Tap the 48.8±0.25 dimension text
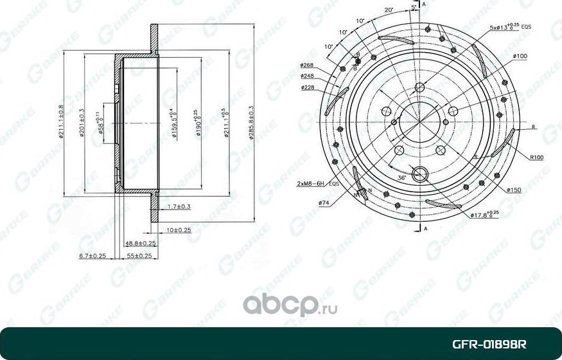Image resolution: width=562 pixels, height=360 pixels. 141,243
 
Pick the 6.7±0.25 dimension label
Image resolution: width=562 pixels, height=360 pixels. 92,256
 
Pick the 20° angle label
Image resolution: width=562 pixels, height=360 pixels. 389,10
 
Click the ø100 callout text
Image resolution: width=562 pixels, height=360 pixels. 520,57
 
